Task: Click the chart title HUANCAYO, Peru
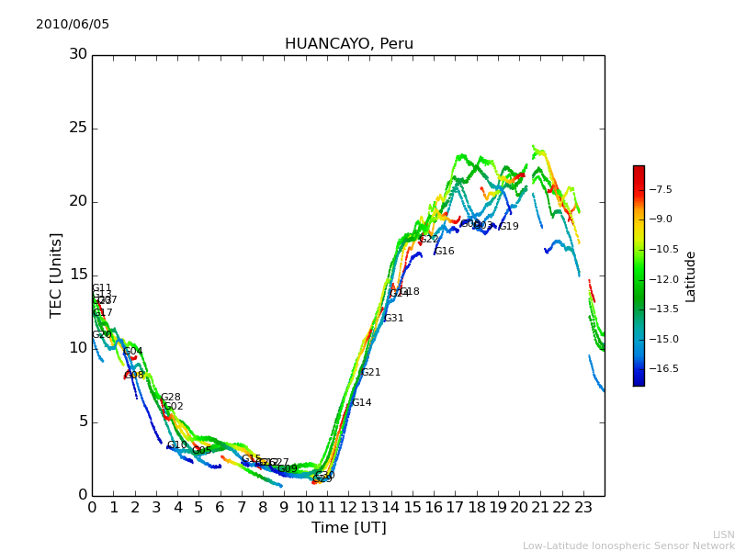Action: (x=349, y=44)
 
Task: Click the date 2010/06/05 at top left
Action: (x=73, y=25)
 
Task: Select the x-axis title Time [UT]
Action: (x=348, y=528)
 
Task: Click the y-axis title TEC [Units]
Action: (x=56, y=275)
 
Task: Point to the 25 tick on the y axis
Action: (x=78, y=128)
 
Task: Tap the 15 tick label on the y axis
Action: (x=78, y=275)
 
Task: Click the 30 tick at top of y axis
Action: (x=78, y=54)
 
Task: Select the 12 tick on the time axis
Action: (x=348, y=507)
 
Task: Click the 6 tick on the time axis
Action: (x=220, y=507)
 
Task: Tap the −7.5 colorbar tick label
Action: (x=661, y=190)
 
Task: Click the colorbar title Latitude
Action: (x=691, y=276)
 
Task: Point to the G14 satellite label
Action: (x=361, y=403)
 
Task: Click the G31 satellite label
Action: (x=393, y=319)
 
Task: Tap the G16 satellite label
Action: (x=444, y=252)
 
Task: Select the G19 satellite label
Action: (x=508, y=227)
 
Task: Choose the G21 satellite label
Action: (x=370, y=373)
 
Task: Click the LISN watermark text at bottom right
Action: (x=723, y=534)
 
